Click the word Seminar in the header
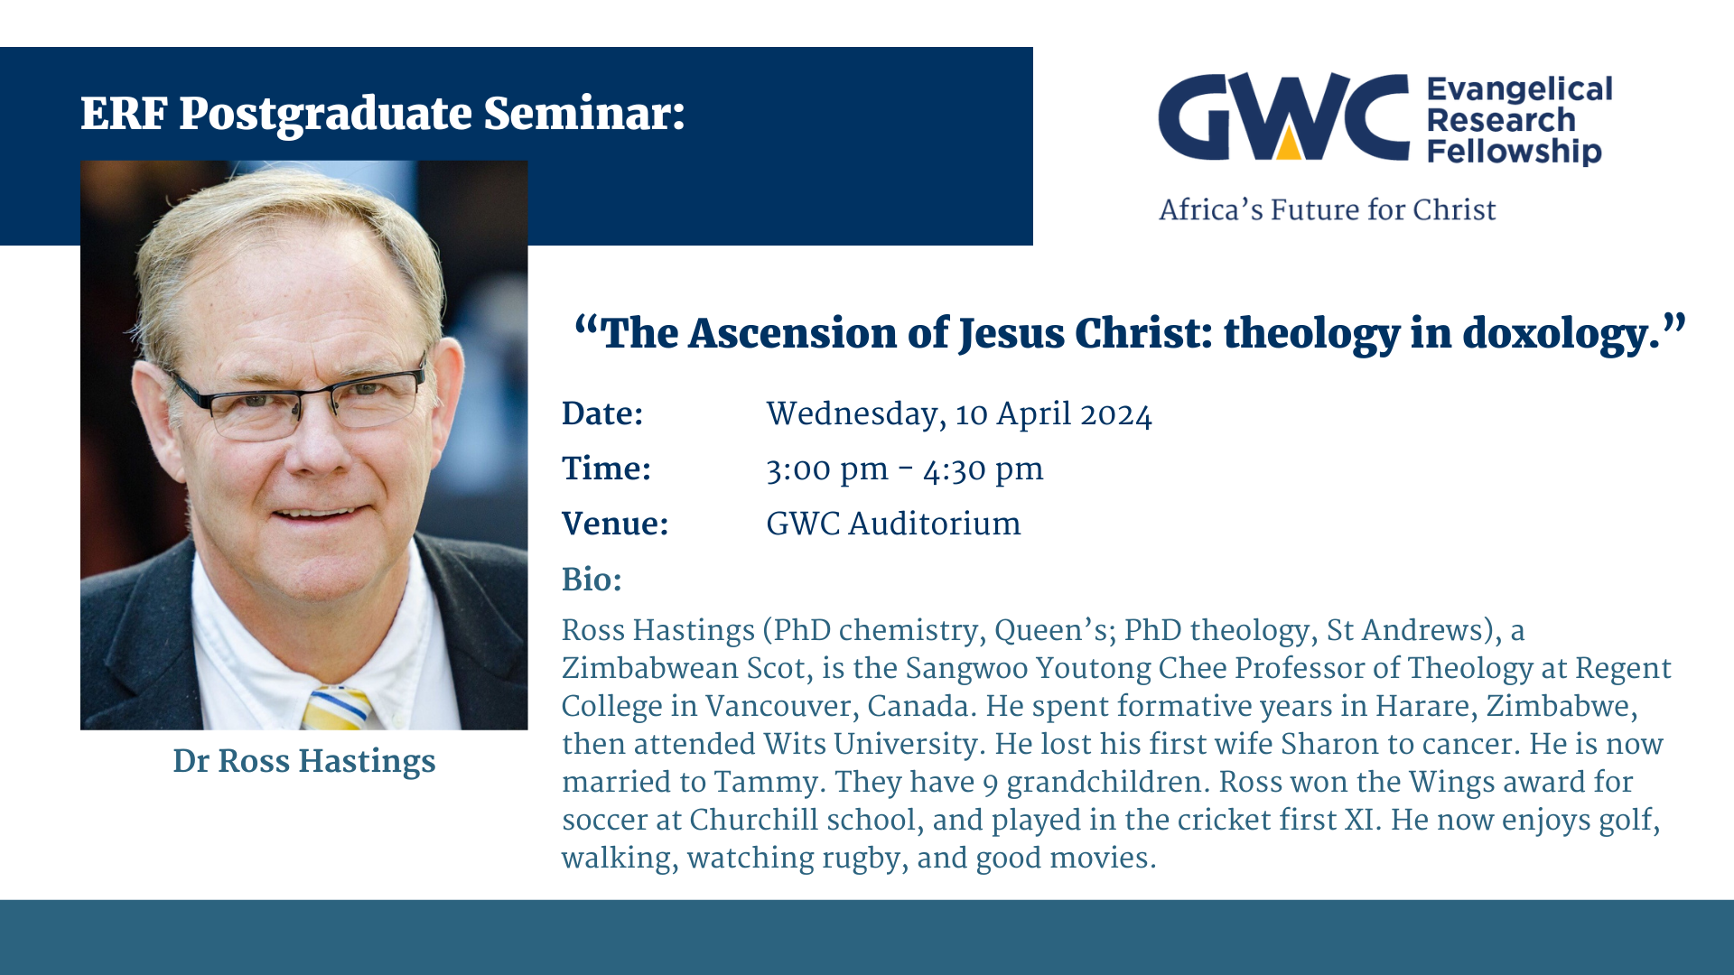(x=583, y=114)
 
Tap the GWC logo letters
(x=1283, y=117)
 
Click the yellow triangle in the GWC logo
(x=1289, y=143)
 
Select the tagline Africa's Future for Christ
(x=1328, y=209)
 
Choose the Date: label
(x=602, y=413)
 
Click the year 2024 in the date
(x=1116, y=414)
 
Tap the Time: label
(x=606, y=469)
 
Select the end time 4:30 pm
(x=983, y=470)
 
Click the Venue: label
(x=615, y=524)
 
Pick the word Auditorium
(x=935, y=524)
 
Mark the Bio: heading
(x=592, y=580)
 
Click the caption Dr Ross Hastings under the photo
(x=304, y=761)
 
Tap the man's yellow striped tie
(x=336, y=709)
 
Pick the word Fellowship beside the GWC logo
(x=1514, y=151)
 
